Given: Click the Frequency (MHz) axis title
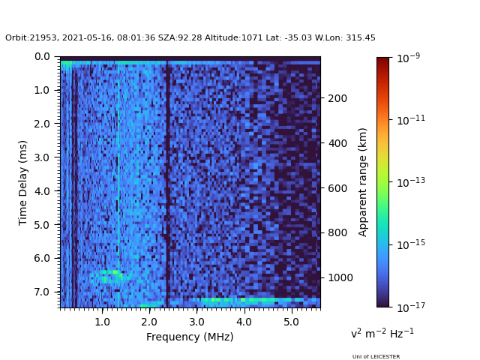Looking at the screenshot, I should click(x=190, y=337).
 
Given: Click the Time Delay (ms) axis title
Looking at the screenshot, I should click(x=23, y=182).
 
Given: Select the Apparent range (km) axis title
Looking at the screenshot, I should click(x=363, y=181).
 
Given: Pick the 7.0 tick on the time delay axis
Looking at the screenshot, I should click(x=42, y=292).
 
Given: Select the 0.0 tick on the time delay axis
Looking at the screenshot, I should click(x=42, y=56).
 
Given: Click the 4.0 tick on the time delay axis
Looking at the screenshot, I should click(x=42, y=190).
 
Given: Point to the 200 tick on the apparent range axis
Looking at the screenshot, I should click(x=337, y=98).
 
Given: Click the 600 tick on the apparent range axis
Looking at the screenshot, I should click(x=337, y=188).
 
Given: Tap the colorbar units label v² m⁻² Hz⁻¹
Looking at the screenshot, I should click(x=382, y=333).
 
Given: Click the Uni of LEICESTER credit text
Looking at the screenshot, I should click(x=376, y=357).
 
